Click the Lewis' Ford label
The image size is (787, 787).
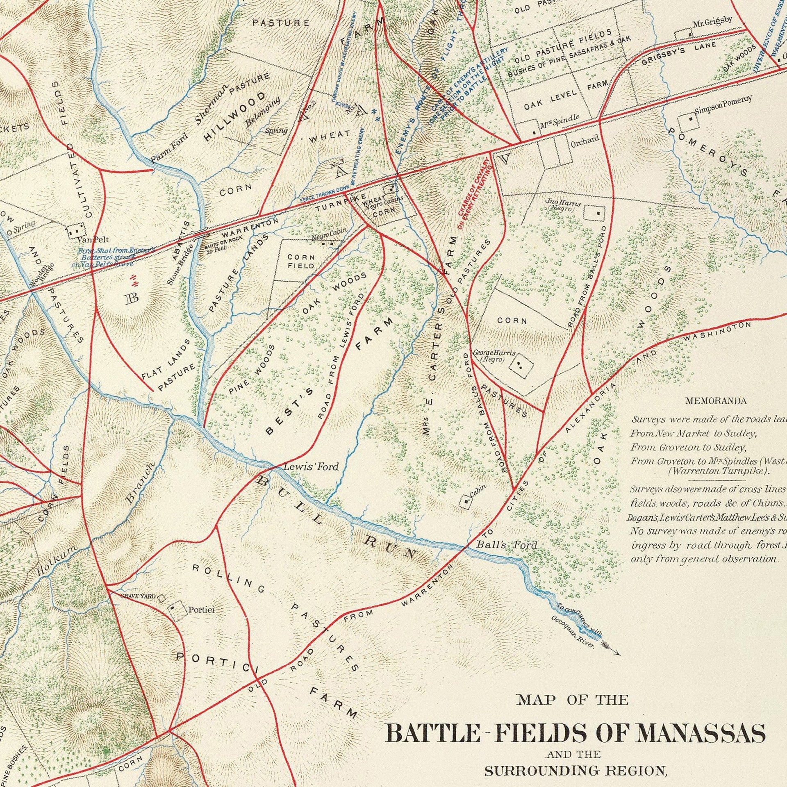(x=311, y=466)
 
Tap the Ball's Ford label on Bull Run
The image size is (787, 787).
(x=506, y=546)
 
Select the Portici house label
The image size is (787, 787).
(x=201, y=610)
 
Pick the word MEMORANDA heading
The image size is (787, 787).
(x=715, y=401)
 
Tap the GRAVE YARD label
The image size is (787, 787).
(x=138, y=597)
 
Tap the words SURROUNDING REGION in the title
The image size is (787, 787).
(x=575, y=771)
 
